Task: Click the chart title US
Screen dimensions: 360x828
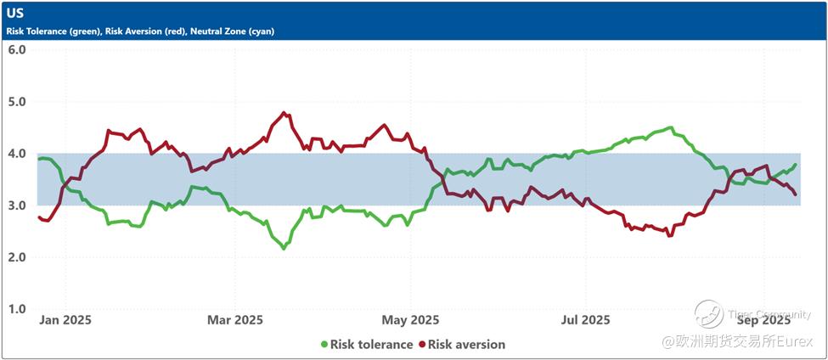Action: coord(15,14)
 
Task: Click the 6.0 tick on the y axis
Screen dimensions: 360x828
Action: coord(17,49)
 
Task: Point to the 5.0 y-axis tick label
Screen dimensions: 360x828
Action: coord(17,101)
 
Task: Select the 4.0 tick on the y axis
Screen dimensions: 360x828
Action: coord(17,154)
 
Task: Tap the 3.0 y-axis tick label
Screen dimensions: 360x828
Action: coord(17,205)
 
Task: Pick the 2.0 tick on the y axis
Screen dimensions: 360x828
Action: coord(17,257)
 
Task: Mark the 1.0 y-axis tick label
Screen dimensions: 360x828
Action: coord(17,309)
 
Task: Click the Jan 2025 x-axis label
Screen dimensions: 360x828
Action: coord(65,320)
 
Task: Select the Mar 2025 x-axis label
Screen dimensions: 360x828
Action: coord(235,320)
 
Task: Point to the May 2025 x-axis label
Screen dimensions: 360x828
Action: coord(411,320)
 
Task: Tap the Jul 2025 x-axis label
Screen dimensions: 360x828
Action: coord(585,320)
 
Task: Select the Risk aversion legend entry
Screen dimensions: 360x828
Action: coord(466,344)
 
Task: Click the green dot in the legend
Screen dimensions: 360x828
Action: coord(324,344)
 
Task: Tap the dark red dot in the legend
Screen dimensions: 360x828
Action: coord(421,344)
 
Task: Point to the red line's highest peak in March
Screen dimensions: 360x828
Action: coord(284,112)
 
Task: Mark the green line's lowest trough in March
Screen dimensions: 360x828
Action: coord(284,248)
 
